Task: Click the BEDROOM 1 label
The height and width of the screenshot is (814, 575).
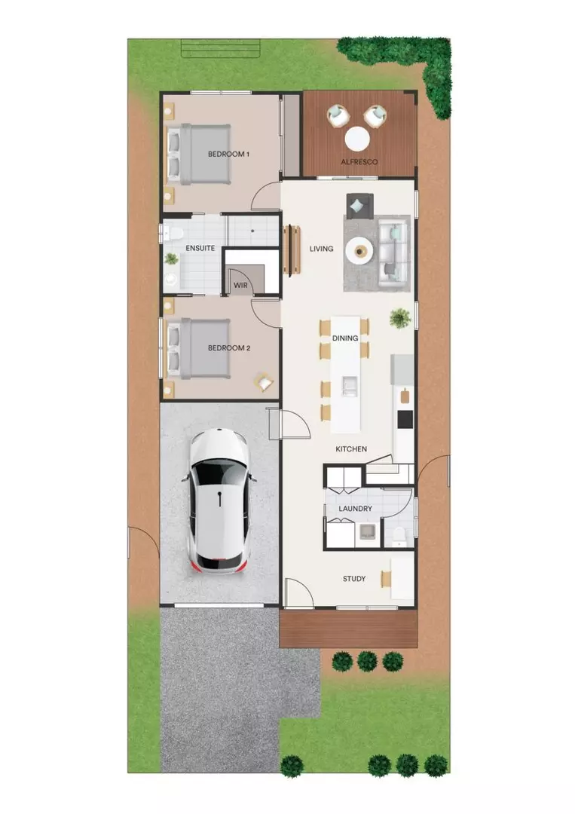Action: pyautogui.click(x=228, y=154)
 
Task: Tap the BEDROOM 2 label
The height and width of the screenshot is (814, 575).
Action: pyautogui.click(x=229, y=348)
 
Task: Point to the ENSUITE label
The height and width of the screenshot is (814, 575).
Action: pyautogui.click(x=200, y=248)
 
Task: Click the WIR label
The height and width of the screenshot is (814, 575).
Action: pyautogui.click(x=240, y=286)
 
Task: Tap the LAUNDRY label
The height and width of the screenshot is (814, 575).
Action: pyautogui.click(x=355, y=509)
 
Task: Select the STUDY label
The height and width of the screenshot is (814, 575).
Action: pyautogui.click(x=354, y=579)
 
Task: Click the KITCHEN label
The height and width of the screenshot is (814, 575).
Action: pyautogui.click(x=351, y=449)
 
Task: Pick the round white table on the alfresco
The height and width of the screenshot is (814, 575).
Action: pyautogui.click(x=357, y=139)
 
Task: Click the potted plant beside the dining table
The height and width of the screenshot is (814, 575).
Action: pyautogui.click(x=399, y=319)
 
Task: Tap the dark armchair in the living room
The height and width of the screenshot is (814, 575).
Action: pyautogui.click(x=359, y=204)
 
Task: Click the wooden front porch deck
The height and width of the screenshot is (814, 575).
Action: pyautogui.click(x=347, y=629)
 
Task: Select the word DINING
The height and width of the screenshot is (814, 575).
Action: pyautogui.click(x=345, y=338)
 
